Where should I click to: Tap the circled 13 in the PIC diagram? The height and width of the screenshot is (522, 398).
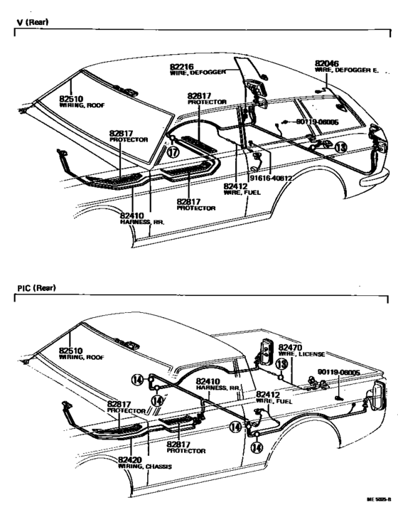point(281,365)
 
